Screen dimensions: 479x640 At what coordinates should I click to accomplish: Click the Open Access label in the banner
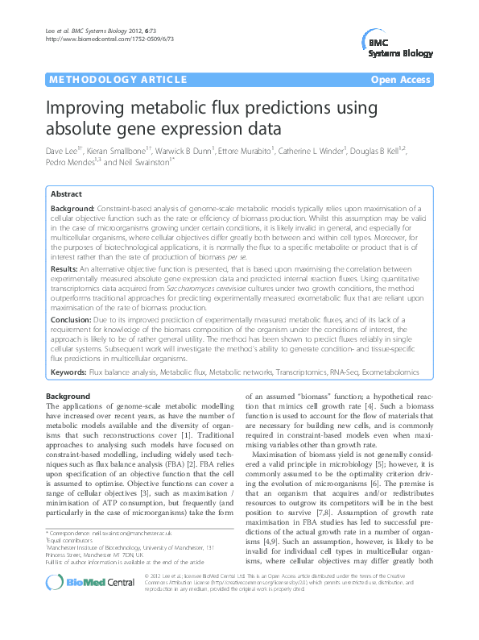[x=403, y=80]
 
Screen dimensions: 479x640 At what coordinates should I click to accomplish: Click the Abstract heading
[x=66, y=195]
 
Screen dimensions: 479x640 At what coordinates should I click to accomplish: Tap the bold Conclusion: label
[x=71, y=319]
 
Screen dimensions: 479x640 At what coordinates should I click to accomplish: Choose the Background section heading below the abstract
[x=68, y=397]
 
